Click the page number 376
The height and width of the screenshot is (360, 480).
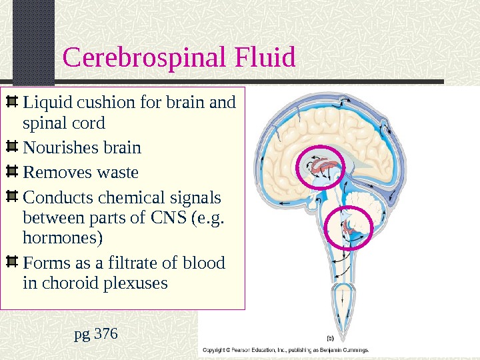[106, 331]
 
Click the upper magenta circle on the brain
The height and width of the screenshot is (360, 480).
[320, 168]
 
